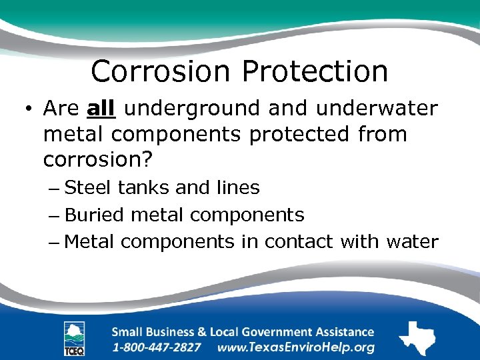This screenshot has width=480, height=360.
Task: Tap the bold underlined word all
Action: click(101, 107)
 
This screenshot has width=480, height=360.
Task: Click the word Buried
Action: click(95, 215)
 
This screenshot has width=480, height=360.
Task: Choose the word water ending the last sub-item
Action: click(412, 241)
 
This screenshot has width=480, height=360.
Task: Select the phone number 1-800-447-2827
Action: click(157, 347)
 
